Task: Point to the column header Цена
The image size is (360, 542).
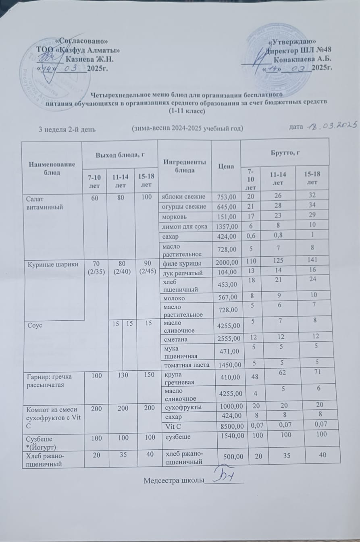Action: pyautogui.click(x=226, y=166)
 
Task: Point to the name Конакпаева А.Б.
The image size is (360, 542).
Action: pyautogui.click(x=302, y=59)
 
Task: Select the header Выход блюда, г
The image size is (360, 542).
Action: pyautogui.click(x=119, y=154)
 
